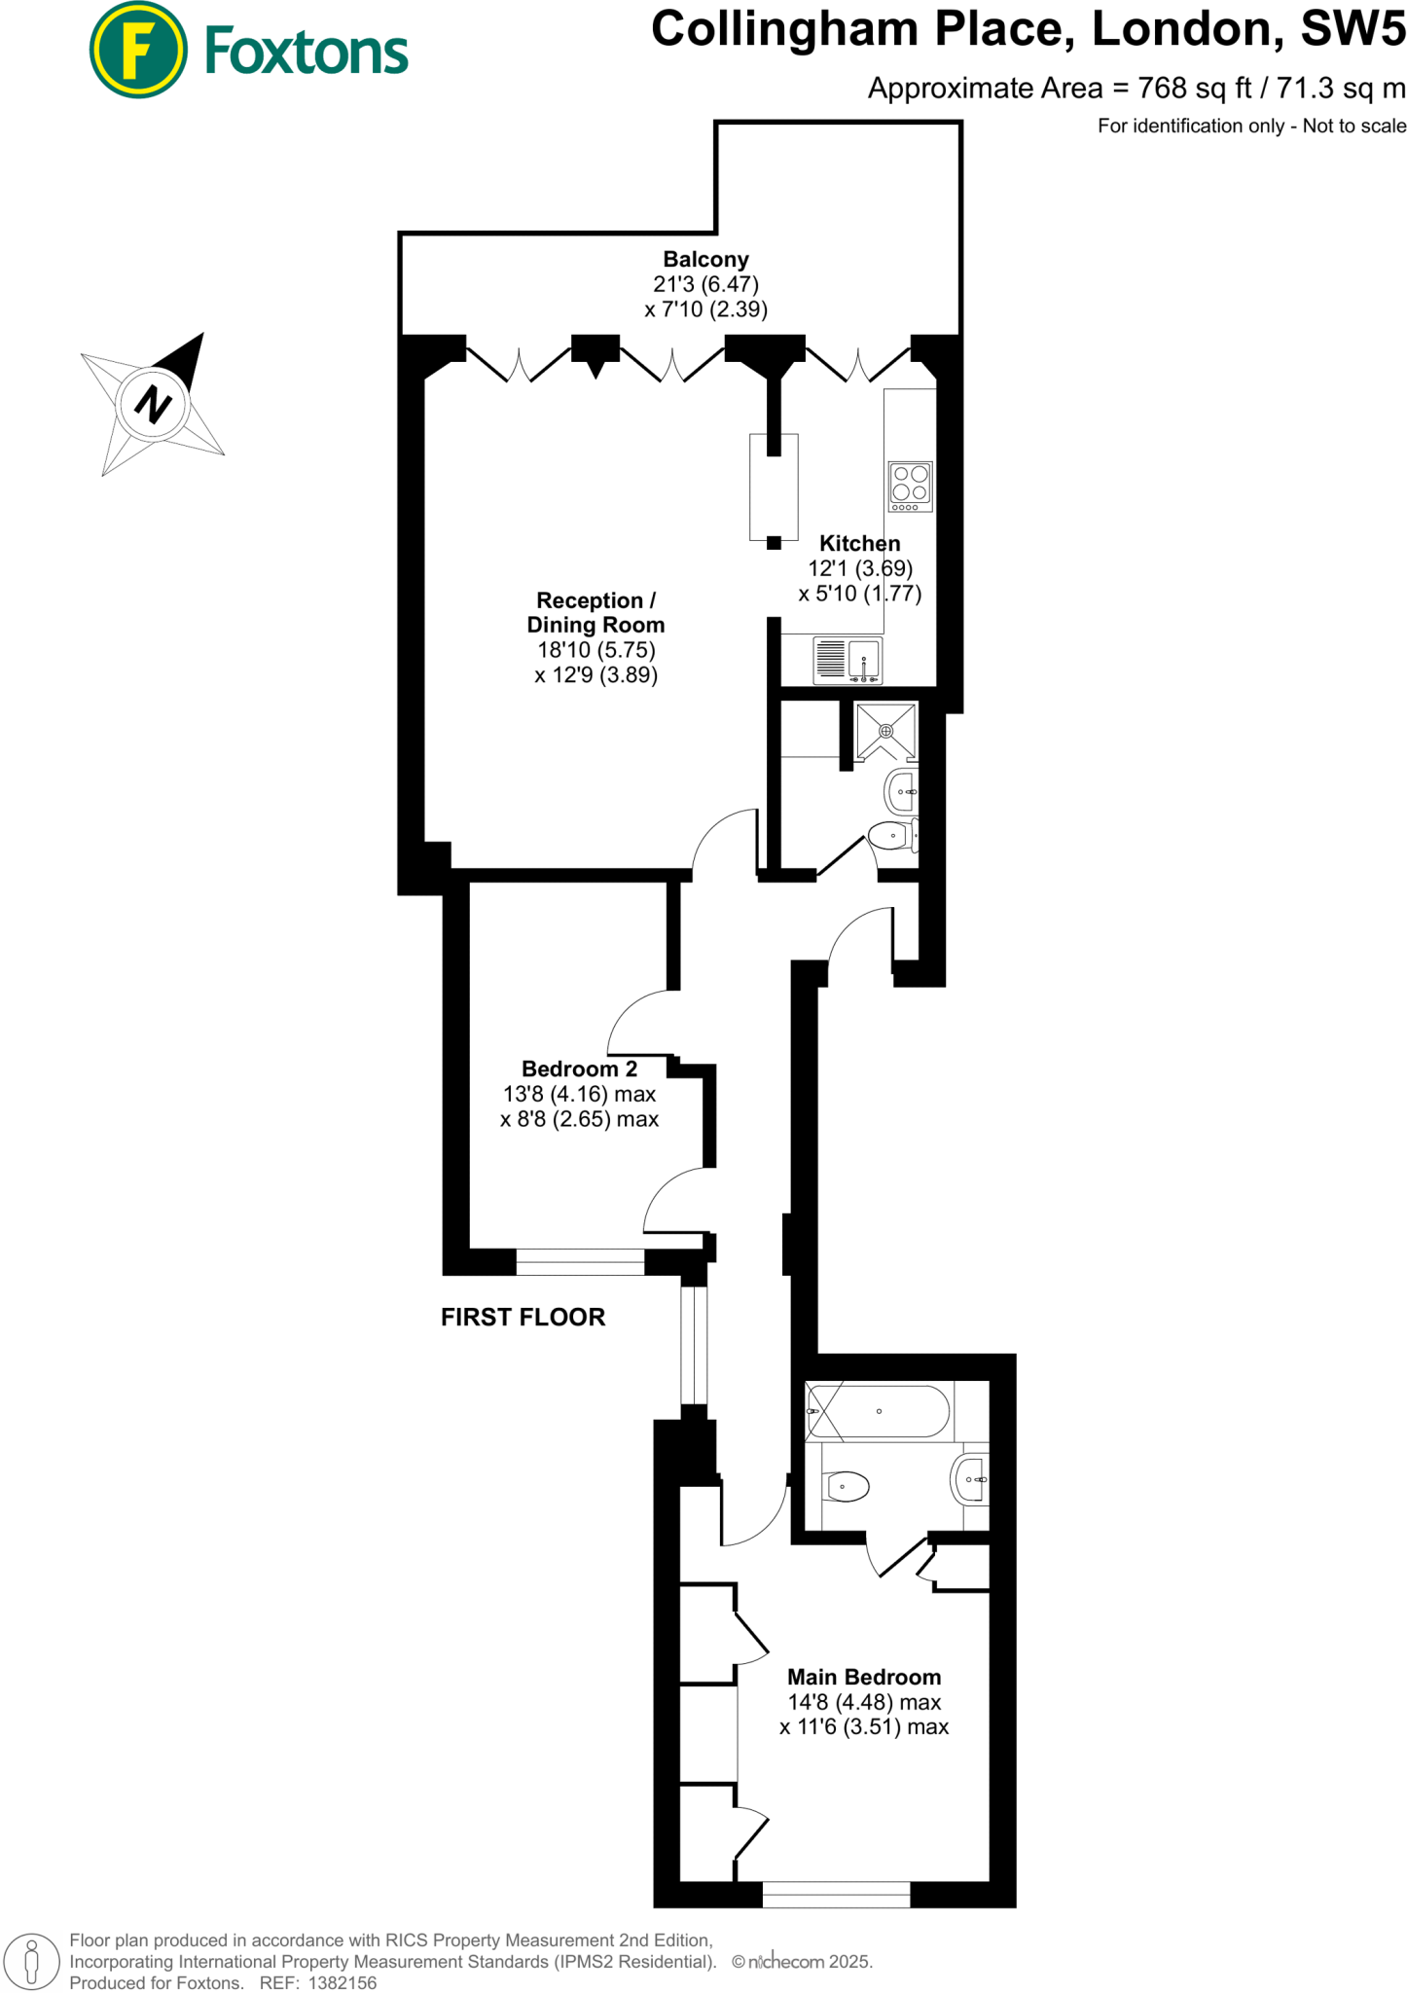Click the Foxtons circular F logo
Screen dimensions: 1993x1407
click(137, 50)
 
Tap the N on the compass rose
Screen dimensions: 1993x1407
click(152, 403)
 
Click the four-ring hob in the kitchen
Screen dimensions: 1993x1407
click(910, 486)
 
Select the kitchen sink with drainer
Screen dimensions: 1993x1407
click(847, 660)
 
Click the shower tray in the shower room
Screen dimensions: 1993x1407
click(885, 731)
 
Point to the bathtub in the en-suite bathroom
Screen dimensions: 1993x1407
click(878, 1411)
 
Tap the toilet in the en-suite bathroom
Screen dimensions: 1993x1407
click(846, 1486)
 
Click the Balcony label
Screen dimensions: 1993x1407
click(705, 260)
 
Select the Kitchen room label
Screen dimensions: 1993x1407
click(859, 543)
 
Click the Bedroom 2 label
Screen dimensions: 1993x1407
click(579, 1069)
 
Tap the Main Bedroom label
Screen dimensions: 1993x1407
click(863, 1677)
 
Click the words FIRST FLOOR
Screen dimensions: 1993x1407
click(523, 1317)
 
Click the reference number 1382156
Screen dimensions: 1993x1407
click(342, 1982)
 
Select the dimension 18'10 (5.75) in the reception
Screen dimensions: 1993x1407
click(595, 650)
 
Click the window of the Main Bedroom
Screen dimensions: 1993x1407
click(835, 1894)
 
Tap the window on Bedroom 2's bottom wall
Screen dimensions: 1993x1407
click(579, 1262)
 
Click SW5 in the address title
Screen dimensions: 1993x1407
click(1353, 29)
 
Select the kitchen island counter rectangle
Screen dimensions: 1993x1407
click(774, 487)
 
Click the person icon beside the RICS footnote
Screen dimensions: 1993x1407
click(32, 1960)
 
